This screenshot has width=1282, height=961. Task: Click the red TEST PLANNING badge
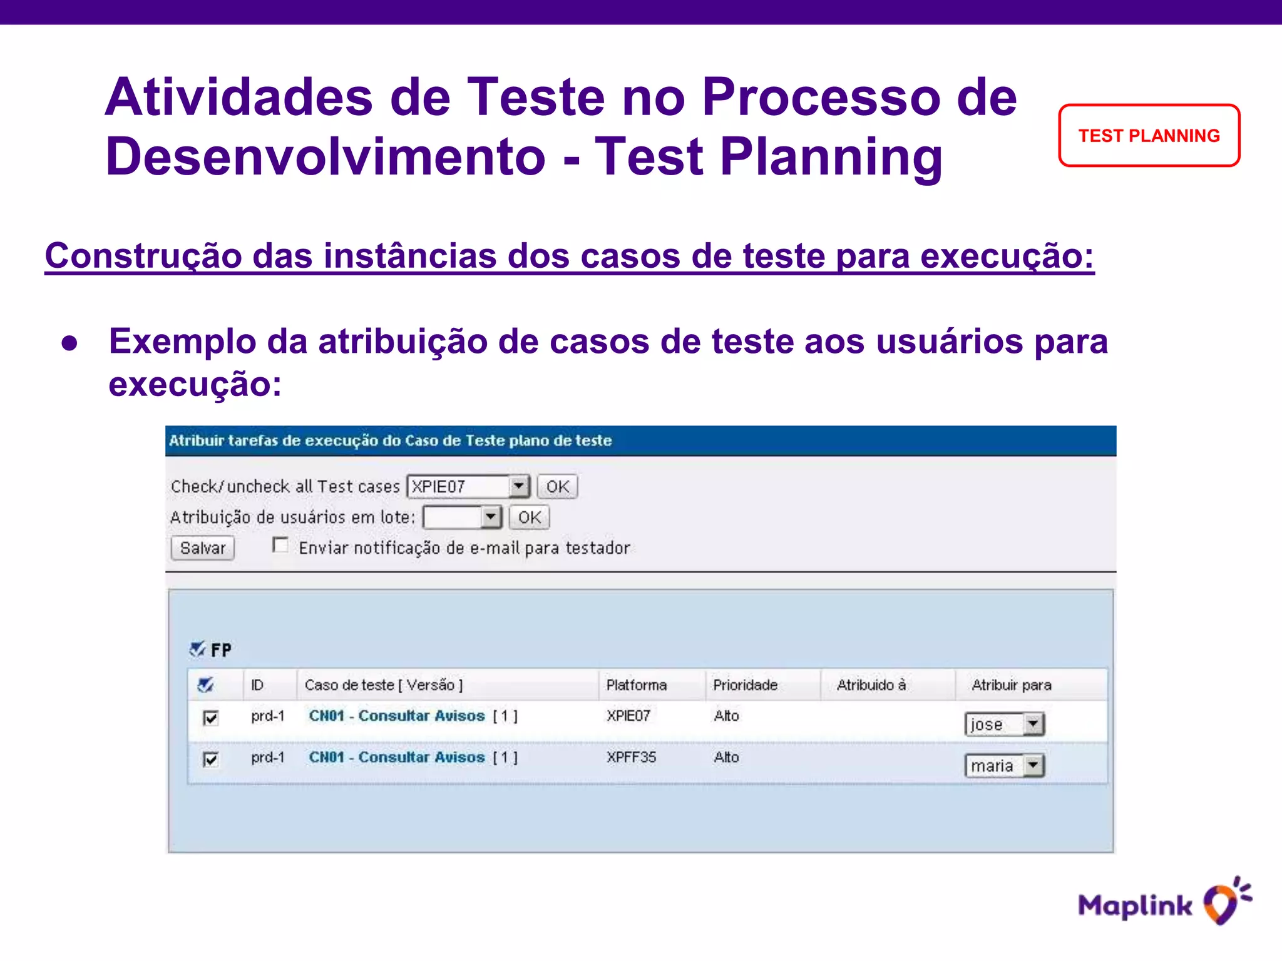point(1149,136)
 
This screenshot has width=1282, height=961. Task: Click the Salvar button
point(202,548)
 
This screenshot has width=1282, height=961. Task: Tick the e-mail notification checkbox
point(280,546)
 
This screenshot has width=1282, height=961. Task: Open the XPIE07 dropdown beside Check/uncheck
point(519,486)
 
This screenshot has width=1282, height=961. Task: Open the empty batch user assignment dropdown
point(491,517)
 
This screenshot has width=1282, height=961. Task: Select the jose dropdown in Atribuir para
point(1004,724)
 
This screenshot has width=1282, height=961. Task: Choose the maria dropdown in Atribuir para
point(1004,765)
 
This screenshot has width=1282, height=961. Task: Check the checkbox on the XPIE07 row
point(211,718)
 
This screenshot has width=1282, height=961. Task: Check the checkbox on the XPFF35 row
point(211,759)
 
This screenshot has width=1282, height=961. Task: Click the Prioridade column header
point(745,685)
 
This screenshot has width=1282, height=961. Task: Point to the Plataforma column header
point(636,685)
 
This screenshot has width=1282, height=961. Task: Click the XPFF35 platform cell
point(631,757)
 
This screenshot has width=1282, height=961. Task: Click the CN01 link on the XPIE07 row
point(396,716)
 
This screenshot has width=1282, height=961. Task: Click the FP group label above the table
point(220,650)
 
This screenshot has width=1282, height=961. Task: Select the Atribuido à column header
point(871,685)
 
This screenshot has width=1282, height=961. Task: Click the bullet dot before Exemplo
point(69,343)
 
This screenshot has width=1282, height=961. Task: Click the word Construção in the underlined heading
point(143,256)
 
